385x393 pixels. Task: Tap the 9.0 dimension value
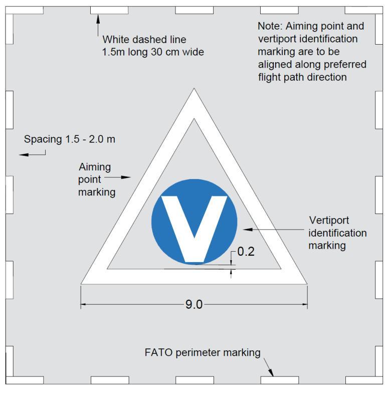coord(194,305)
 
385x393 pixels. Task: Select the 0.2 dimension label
coord(246,252)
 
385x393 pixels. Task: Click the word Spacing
coord(43,139)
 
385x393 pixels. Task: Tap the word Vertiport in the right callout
coord(329,221)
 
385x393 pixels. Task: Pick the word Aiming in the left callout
coord(95,167)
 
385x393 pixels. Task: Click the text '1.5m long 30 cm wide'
coord(153,52)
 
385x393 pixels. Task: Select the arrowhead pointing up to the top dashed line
coord(98,19)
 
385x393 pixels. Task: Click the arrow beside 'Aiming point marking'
coord(117,177)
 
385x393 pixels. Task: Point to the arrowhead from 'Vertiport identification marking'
coord(248,230)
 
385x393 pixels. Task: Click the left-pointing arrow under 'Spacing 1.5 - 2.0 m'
coord(32,154)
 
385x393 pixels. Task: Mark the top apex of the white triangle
coord(194,88)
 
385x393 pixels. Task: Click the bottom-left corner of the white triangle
coord(81,284)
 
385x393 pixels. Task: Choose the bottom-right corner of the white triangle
coord(307,284)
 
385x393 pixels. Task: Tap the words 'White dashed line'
coord(144,40)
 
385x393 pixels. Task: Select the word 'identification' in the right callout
coord(337,233)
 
